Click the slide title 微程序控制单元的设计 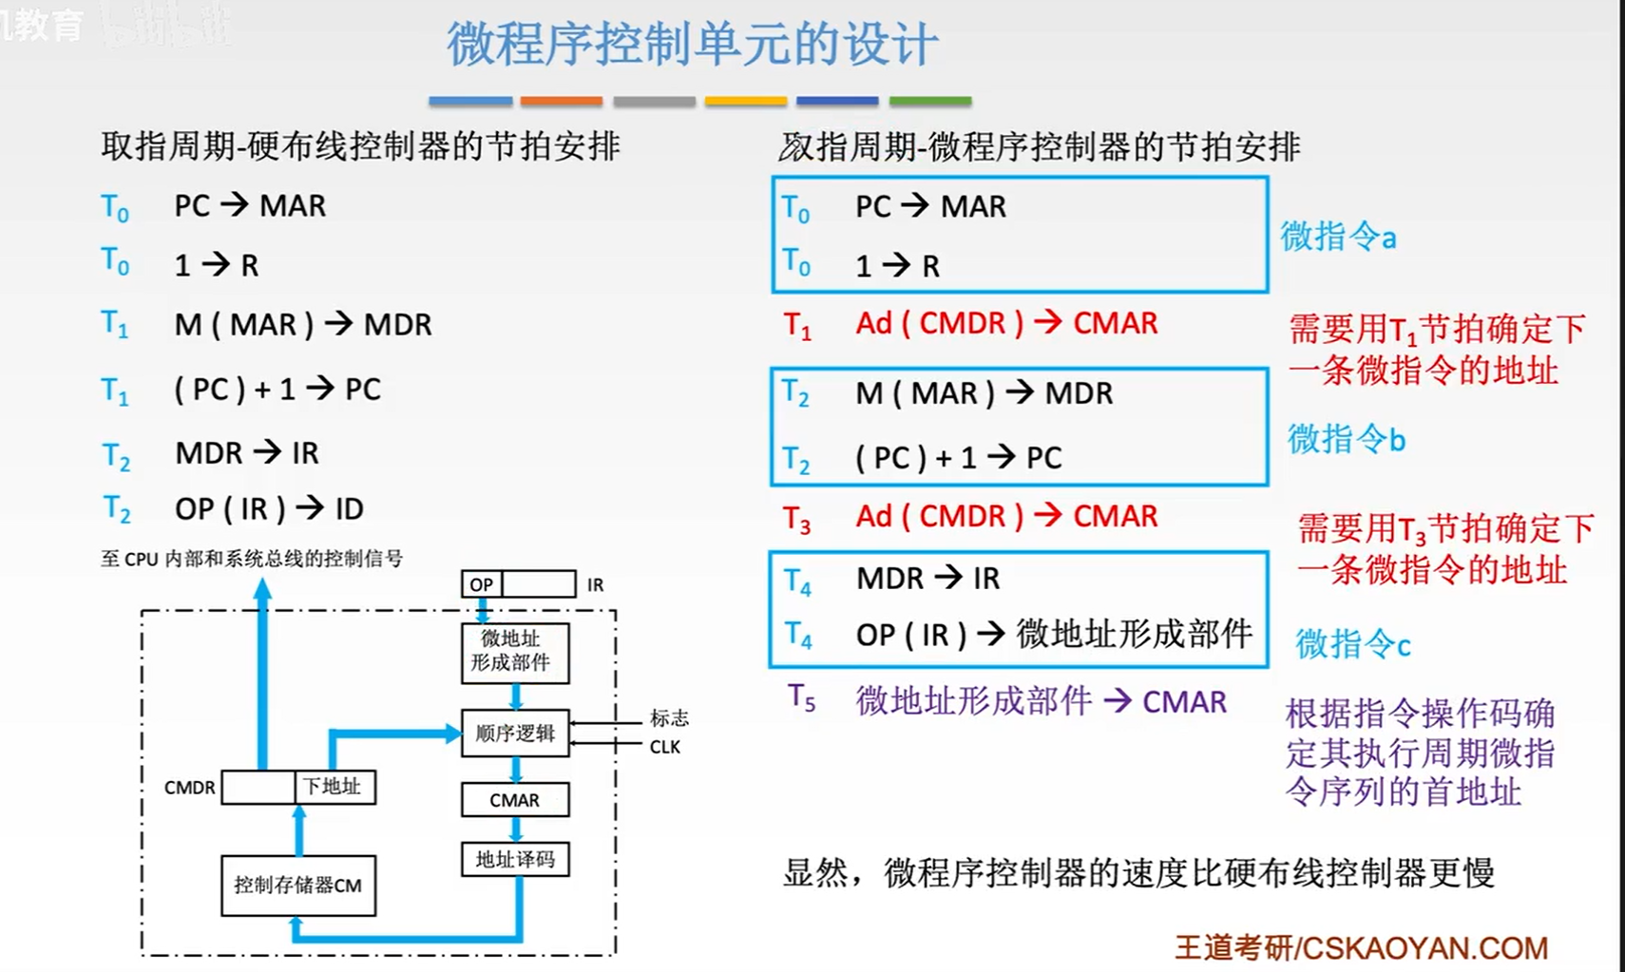pyautogui.click(x=692, y=45)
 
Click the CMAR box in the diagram pyautogui.click(x=515, y=800)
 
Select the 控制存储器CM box pyautogui.click(x=298, y=886)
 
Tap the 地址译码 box pyautogui.click(x=515, y=860)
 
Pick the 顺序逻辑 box pyautogui.click(x=515, y=734)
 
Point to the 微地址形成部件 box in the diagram pyautogui.click(x=515, y=652)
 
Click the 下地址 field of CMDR pyautogui.click(x=334, y=787)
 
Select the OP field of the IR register pyautogui.click(x=482, y=584)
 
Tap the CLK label pyautogui.click(x=664, y=747)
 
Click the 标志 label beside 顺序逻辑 pyautogui.click(x=669, y=718)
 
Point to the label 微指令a pyautogui.click(x=1338, y=237)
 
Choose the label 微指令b pyautogui.click(x=1346, y=440)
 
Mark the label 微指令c pyautogui.click(x=1352, y=644)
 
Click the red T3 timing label pyautogui.click(x=796, y=519)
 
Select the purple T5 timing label pyautogui.click(x=801, y=699)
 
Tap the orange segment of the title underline pyautogui.click(x=561, y=100)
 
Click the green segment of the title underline pyautogui.click(x=929, y=100)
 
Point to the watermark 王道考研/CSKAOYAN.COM pyautogui.click(x=1361, y=947)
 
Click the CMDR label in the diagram pyautogui.click(x=189, y=788)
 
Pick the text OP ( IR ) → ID pyautogui.click(x=269, y=509)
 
